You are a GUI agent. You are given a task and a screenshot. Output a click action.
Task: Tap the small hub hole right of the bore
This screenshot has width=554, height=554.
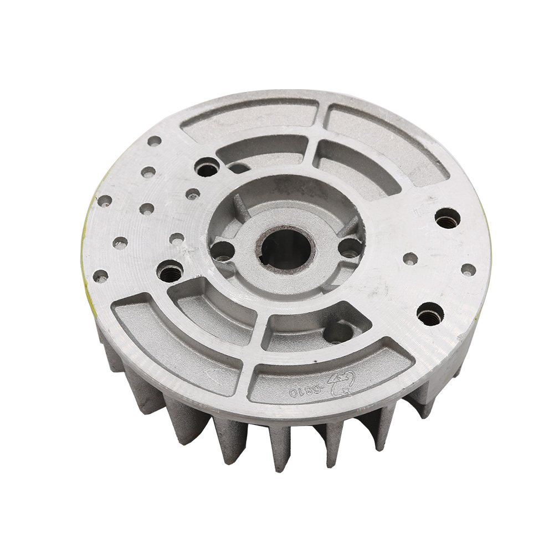click(350, 247)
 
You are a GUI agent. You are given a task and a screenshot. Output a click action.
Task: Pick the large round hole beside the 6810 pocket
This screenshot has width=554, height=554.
click(338, 332)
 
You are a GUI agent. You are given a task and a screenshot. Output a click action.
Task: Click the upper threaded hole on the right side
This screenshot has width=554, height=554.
click(448, 218)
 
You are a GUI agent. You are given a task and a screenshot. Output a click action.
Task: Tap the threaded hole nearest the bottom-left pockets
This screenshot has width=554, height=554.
click(170, 271)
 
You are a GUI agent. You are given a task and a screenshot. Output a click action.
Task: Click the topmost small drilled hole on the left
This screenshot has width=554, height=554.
click(155, 141)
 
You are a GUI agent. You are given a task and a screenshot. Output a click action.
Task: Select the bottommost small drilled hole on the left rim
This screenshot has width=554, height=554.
click(100, 275)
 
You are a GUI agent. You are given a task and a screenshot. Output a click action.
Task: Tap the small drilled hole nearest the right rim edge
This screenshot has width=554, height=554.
click(468, 270)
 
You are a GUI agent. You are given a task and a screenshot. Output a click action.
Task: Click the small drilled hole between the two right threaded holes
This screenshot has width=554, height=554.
click(411, 258)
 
